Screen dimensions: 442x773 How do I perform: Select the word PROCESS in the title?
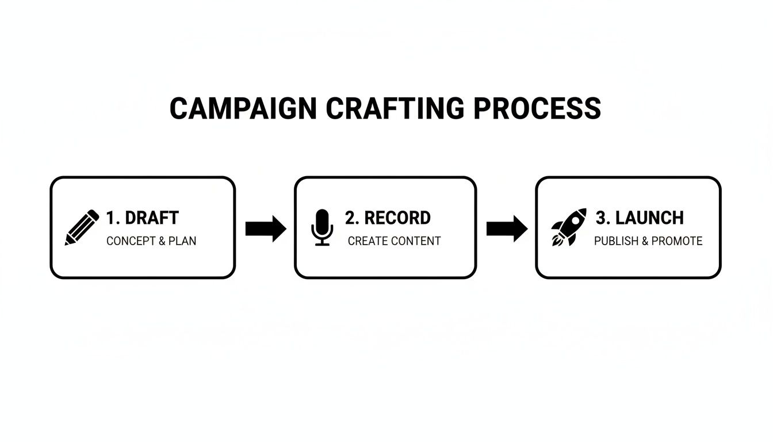pyautogui.click(x=537, y=109)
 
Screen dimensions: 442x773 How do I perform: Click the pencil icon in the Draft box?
pyautogui.click(x=82, y=228)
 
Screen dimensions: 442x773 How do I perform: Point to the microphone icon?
pyautogui.click(x=322, y=228)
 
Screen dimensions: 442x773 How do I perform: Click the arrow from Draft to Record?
pyautogui.click(x=266, y=228)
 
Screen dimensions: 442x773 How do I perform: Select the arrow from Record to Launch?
pyautogui.click(x=507, y=228)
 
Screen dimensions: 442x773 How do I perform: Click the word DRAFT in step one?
pyautogui.click(x=152, y=218)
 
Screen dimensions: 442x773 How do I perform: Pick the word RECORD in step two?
pyautogui.click(x=397, y=218)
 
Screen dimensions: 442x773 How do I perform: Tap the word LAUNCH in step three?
pyautogui.click(x=649, y=218)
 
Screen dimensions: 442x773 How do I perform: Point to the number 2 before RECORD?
pyautogui.click(x=351, y=218)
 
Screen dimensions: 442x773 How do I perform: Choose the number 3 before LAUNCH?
pyautogui.click(x=602, y=218)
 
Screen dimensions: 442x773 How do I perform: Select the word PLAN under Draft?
pyautogui.click(x=182, y=241)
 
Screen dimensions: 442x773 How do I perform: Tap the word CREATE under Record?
pyautogui.click(x=367, y=241)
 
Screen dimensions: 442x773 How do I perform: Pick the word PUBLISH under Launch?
pyautogui.click(x=617, y=241)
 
